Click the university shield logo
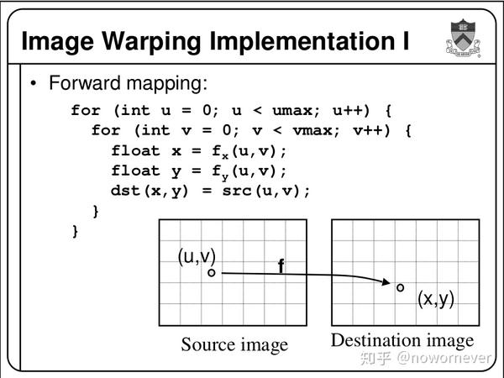[x=460, y=37]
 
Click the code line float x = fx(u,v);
[x=199, y=151]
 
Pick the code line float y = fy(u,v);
[x=199, y=171]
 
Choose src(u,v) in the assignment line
[x=267, y=191]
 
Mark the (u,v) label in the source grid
[x=197, y=256]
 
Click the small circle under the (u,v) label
[x=213, y=272]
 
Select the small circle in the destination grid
[x=401, y=287]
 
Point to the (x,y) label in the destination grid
[x=436, y=298]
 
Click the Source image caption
[x=234, y=344]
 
